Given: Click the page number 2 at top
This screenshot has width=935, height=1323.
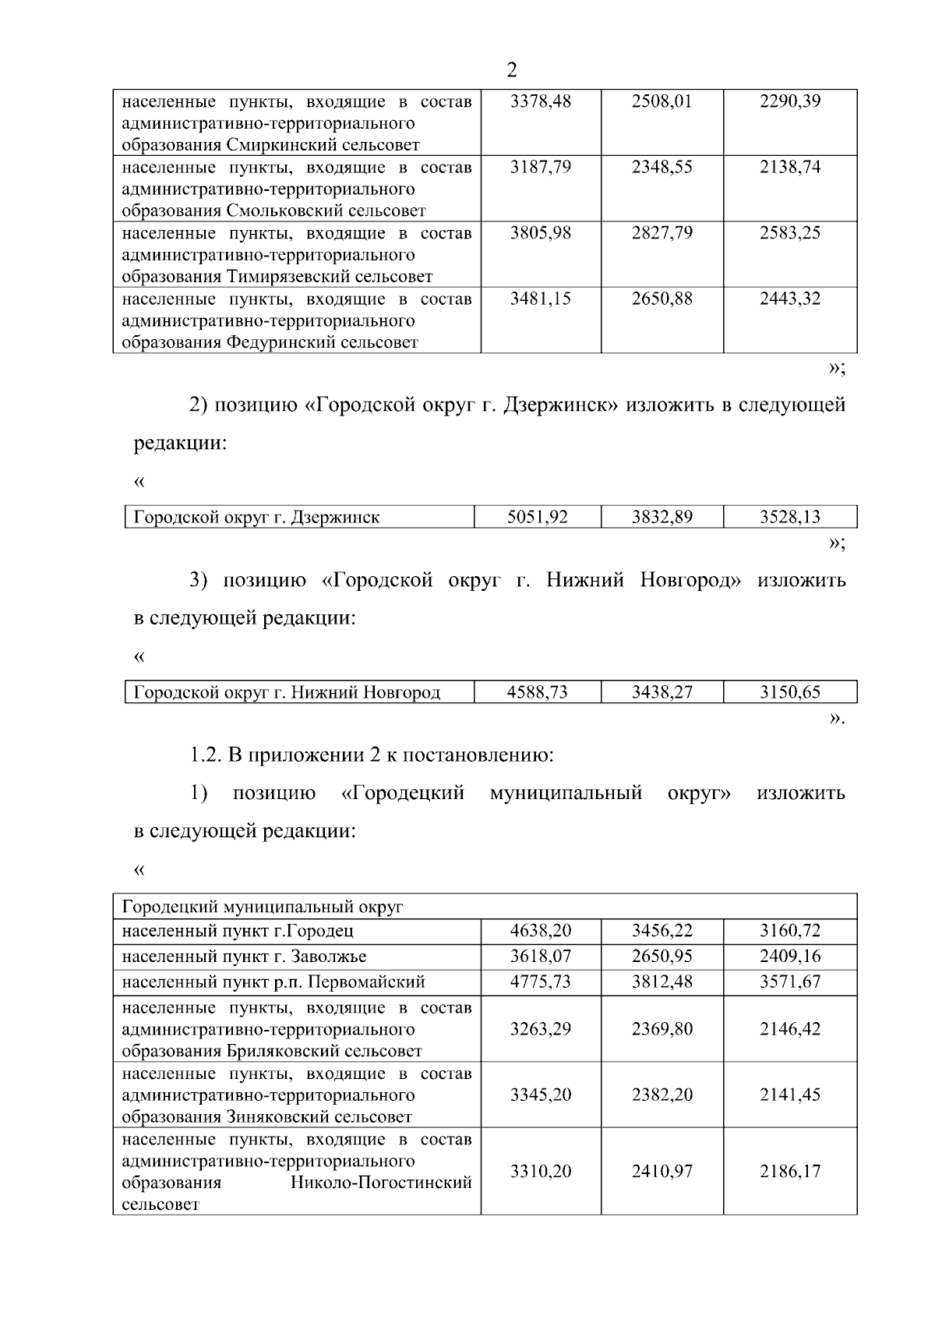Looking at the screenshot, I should pos(511,71).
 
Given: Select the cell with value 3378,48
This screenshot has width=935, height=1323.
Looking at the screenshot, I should pos(540,101).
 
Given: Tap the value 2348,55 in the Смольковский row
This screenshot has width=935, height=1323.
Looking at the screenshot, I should pos(662,168).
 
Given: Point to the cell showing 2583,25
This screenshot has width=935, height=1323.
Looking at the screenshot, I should pos(789,233).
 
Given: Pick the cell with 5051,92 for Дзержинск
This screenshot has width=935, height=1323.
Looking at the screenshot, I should pos(537,517).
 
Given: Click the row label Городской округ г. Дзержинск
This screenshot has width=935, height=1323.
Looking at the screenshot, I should pos(256,517).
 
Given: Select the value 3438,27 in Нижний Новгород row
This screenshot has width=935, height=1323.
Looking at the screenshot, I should pos(662,692).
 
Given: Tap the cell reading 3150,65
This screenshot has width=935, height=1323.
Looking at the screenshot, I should pos(789,692).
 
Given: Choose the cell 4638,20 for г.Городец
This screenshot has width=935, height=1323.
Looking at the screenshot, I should pos(540,931).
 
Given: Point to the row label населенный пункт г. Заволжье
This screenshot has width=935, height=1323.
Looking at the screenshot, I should pos(244,957).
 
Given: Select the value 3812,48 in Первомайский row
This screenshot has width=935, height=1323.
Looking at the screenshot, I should pos(662,982).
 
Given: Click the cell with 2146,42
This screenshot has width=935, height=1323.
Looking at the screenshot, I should pos(789,1029).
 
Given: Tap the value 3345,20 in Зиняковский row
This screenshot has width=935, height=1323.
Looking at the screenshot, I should pos(540,1095).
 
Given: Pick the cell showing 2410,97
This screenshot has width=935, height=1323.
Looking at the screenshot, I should pos(662,1172).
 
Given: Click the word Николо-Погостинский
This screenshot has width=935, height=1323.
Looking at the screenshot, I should pos(381,1183).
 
